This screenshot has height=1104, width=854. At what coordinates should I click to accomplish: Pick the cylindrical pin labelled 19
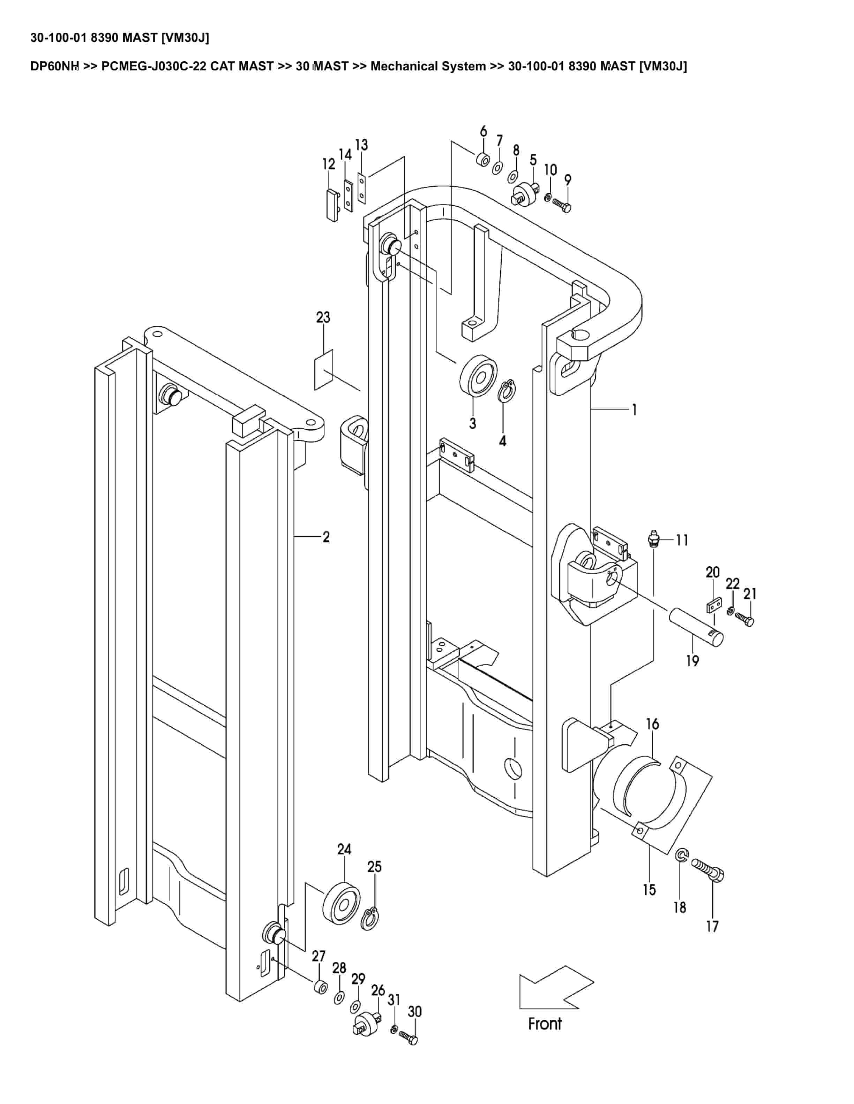698,628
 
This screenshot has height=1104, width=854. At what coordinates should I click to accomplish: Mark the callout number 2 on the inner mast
326,537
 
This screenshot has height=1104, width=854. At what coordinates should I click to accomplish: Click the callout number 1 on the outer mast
635,410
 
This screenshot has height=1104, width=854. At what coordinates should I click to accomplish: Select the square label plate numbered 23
324,370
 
